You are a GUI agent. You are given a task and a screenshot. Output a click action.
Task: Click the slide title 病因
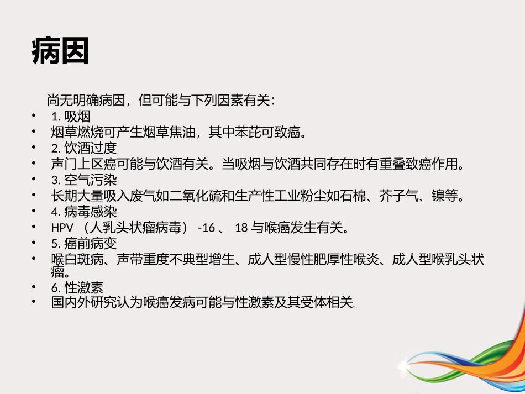point(61,51)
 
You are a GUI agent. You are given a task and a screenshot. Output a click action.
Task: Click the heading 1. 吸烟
point(71,117)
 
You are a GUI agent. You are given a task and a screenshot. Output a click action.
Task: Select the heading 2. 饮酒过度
point(84,148)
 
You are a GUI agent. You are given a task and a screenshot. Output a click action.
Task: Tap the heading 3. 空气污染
point(84,180)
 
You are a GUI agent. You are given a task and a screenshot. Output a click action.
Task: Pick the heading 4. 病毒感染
point(84,212)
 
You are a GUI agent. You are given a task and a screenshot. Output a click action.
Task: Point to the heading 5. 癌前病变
point(84,244)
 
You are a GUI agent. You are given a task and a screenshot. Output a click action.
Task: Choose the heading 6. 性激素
point(77,287)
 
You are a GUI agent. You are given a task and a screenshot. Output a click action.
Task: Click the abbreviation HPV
point(62,228)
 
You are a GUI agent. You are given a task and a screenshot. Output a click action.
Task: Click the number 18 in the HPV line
point(240,228)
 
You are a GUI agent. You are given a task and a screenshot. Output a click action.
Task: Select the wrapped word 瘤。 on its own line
point(60,272)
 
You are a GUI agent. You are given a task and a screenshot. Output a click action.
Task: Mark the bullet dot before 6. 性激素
point(35,287)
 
